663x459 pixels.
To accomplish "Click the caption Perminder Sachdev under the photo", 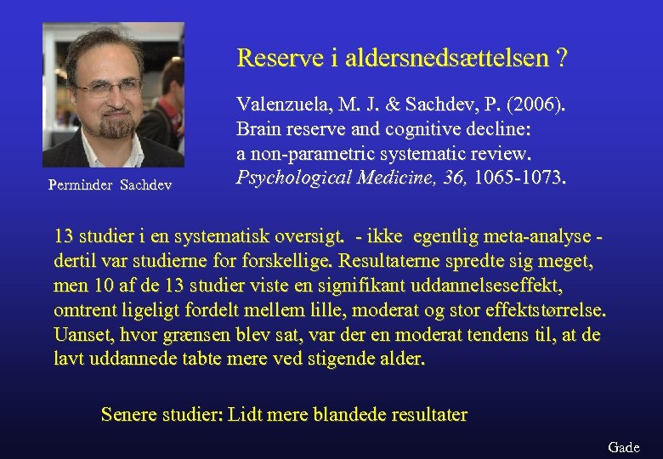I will [110, 184].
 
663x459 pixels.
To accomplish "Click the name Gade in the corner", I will [624, 447].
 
